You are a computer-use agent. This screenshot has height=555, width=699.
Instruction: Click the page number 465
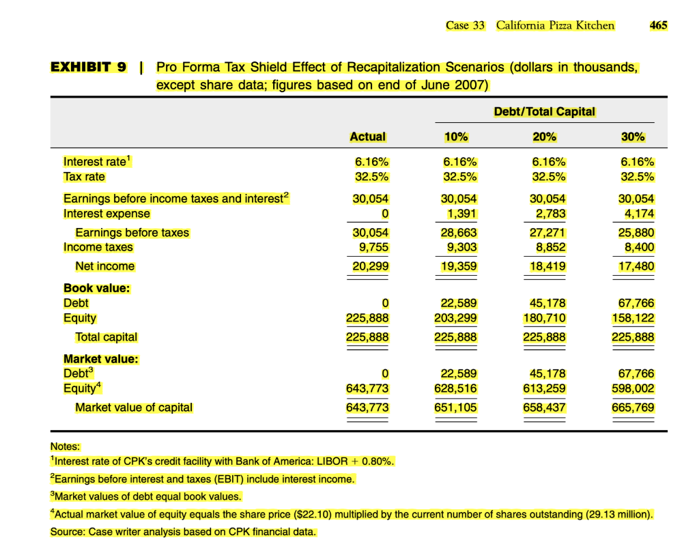pyautogui.click(x=658, y=25)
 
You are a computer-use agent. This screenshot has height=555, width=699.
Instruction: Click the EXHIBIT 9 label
pyautogui.click(x=88, y=67)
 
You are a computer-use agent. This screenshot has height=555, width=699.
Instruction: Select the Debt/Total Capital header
pyautogui.click(x=544, y=111)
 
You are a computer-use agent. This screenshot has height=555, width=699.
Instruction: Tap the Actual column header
pyautogui.click(x=367, y=137)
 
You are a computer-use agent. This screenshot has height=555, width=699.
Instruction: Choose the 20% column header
pyautogui.click(x=544, y=137)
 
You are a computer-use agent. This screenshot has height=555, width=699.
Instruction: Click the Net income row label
pyautogui.click(x=104, y=266)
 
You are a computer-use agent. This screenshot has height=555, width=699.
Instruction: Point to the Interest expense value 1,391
pyautogui.click(x=460, y=214)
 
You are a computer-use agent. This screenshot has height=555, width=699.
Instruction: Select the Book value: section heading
pyautogui.click(x=96, y=288)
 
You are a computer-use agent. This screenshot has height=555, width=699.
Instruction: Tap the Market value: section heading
pyautogui.click(x=100, y=358)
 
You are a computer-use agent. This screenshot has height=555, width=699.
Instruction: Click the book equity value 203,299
pyautogui.click(x=455, y=318)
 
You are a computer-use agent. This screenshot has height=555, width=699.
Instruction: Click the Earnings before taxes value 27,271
pyautogui.click(x=548, y=233)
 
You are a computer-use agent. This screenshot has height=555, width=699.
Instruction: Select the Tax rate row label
pyautogui.click(x=84, y=177)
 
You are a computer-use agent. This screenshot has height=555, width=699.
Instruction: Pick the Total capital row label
pyautogui.click(x=106, y=337)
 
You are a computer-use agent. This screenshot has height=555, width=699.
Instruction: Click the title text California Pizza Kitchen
pyautogui.click(x=555, y=25)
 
